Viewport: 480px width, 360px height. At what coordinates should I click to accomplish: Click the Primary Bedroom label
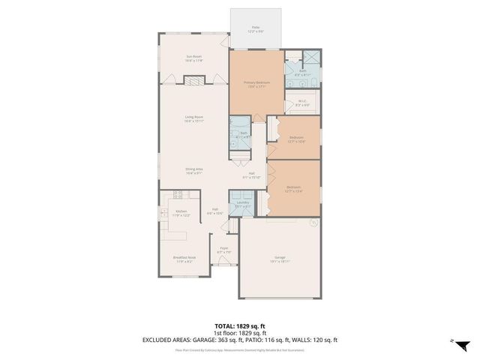(x=256, y=84)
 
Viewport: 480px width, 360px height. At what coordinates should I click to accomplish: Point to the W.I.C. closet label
(x=303, y=103)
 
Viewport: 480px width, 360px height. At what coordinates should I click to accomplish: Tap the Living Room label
(x=194, y=118)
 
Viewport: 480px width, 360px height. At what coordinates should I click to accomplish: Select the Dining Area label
(x=194, y=171)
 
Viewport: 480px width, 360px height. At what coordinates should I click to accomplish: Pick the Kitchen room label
(x=181, y=213)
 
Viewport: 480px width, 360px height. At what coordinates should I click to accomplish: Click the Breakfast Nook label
(x=184, y=259)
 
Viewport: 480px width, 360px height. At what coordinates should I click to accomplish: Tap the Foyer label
(x=223, y=250)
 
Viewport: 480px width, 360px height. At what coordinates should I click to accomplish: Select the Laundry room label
(x=242, y=205)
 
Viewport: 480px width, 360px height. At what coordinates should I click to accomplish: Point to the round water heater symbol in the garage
(x=314, y=223)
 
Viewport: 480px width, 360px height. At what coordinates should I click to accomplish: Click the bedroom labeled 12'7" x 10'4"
(x=296, y=139)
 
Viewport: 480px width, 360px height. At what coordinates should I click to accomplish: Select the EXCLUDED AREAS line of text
(x=239, y=339)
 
